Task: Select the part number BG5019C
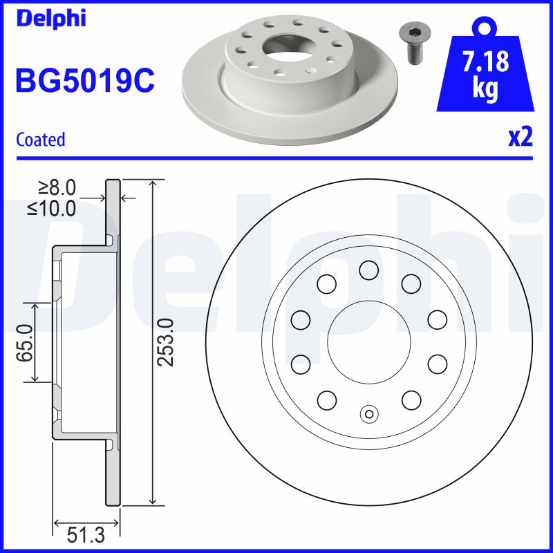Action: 84,81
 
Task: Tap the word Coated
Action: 41,140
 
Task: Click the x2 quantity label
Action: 520,138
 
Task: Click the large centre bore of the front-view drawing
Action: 368,341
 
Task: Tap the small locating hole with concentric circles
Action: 368,414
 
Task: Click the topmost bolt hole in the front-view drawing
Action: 368,270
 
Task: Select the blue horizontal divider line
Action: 276,159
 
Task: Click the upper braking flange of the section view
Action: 113,207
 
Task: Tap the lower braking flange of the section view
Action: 113,477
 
